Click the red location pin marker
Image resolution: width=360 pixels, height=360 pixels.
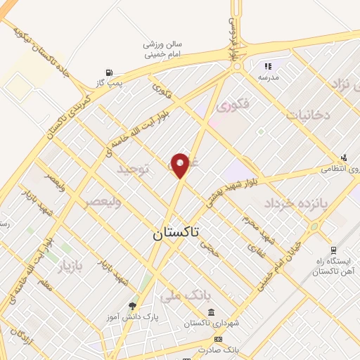pos(181,165)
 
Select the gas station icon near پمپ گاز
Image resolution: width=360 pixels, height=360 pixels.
pos(108,72)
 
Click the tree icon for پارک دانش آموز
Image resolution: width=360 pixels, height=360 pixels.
pos(133,305)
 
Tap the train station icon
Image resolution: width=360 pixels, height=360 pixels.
pos(332,250)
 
